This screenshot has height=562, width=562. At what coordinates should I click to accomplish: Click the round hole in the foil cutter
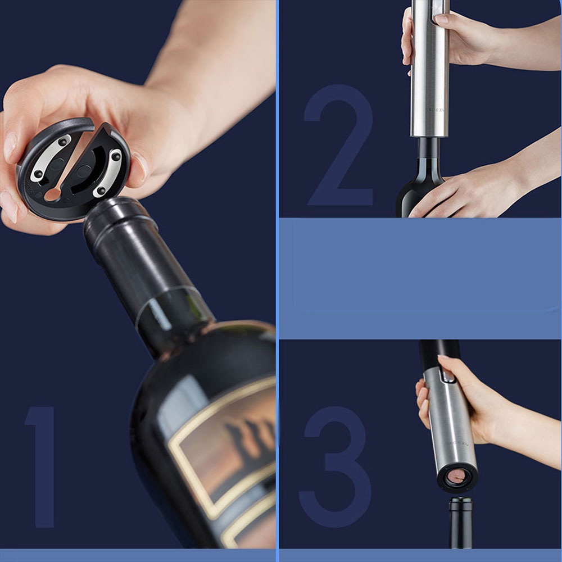click(52, 194)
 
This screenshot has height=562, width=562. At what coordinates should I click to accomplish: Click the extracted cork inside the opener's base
click(456, 477)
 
